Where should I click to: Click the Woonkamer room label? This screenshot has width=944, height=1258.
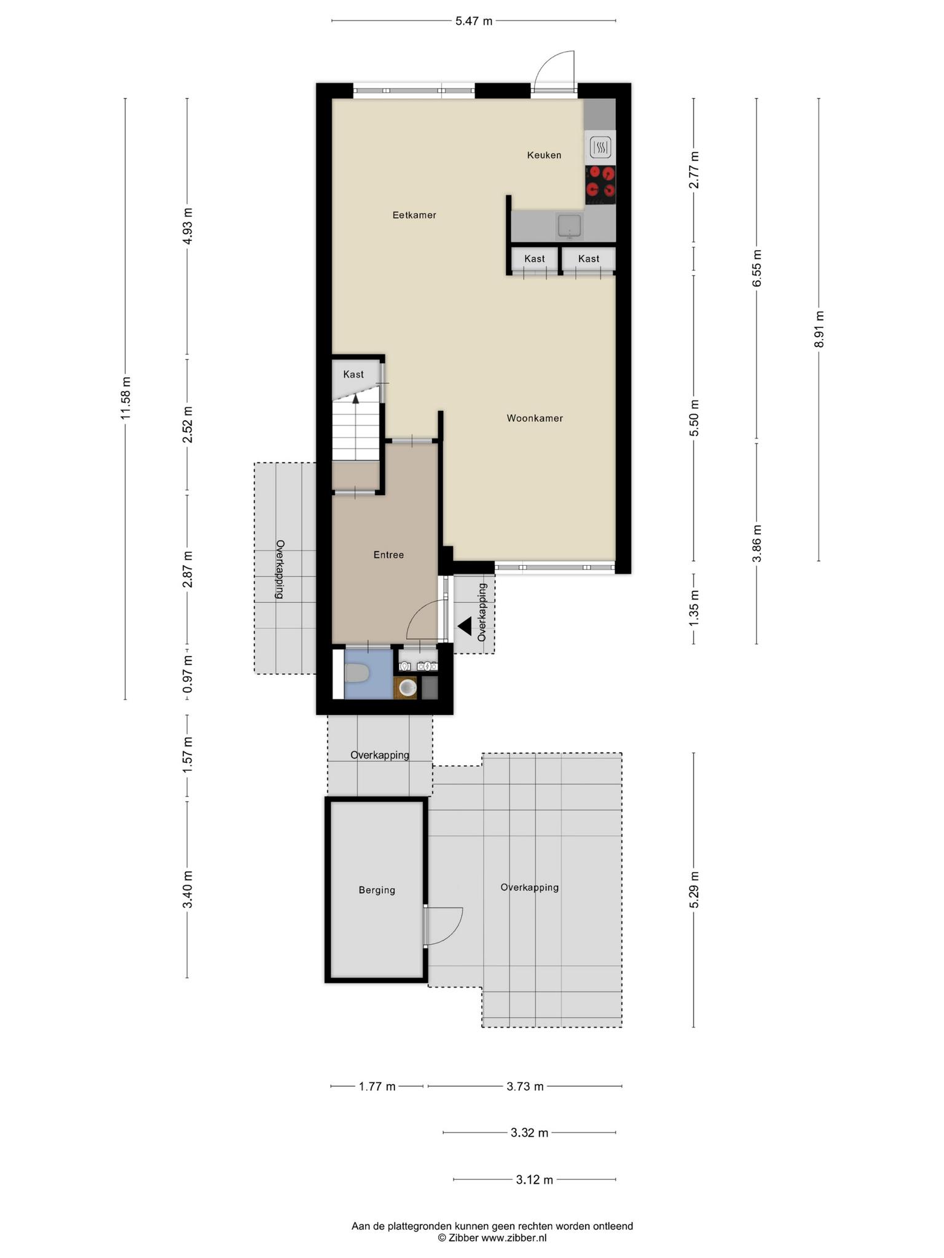pos(535,418)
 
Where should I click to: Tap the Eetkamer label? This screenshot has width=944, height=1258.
pos(414,215)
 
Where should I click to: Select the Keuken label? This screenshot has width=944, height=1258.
pos(544,155)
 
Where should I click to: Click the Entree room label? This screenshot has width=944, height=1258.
pos(388,555)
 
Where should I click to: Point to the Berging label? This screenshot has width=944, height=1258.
pos(377,890)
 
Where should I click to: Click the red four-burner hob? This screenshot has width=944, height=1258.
pos(600,185)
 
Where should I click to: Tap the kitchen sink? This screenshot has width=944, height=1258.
pos(570,225)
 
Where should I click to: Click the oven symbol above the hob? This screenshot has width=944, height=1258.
pos(600,147)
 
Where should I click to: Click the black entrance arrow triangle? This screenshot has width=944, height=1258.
pos(464,627)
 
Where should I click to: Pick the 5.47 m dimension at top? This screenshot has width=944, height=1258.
pos(474,21)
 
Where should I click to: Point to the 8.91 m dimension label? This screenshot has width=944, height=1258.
pos(819,329)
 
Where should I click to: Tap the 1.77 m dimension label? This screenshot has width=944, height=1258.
pos(377,1087)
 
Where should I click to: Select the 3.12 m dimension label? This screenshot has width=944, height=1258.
pos(535,1180)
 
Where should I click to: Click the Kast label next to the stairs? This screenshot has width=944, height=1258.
pos(353,374)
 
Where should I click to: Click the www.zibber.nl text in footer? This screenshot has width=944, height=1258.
pos(514,1238)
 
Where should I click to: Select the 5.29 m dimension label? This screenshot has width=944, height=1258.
pos(694,890)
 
